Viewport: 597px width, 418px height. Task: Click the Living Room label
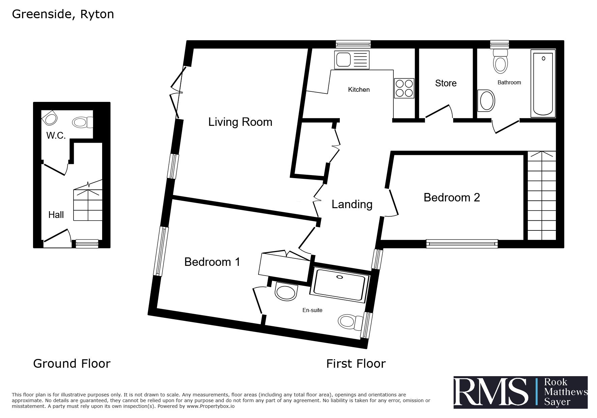click(240, 122)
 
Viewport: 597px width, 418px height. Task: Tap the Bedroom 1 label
click(212, 262)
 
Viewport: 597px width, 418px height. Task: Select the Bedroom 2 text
click(452, 197)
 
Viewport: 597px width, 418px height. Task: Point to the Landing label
click(352, 204)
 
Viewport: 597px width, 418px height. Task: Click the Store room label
click(446, 83)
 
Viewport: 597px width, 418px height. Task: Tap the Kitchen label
click(359, 89)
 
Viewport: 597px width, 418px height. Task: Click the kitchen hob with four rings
click(404, 88)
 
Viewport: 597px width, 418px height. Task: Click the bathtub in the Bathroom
click(543, 84)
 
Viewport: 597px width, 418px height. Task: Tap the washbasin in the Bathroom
click(486, 101)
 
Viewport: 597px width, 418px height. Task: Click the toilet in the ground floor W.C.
click(83, 122)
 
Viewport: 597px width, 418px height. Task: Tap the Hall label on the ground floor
click(56, 215)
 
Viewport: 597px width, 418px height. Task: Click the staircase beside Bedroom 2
click(541, 196)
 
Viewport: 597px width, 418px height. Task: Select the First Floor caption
click(356, 364)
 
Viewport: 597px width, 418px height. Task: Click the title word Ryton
click(97, 15)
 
